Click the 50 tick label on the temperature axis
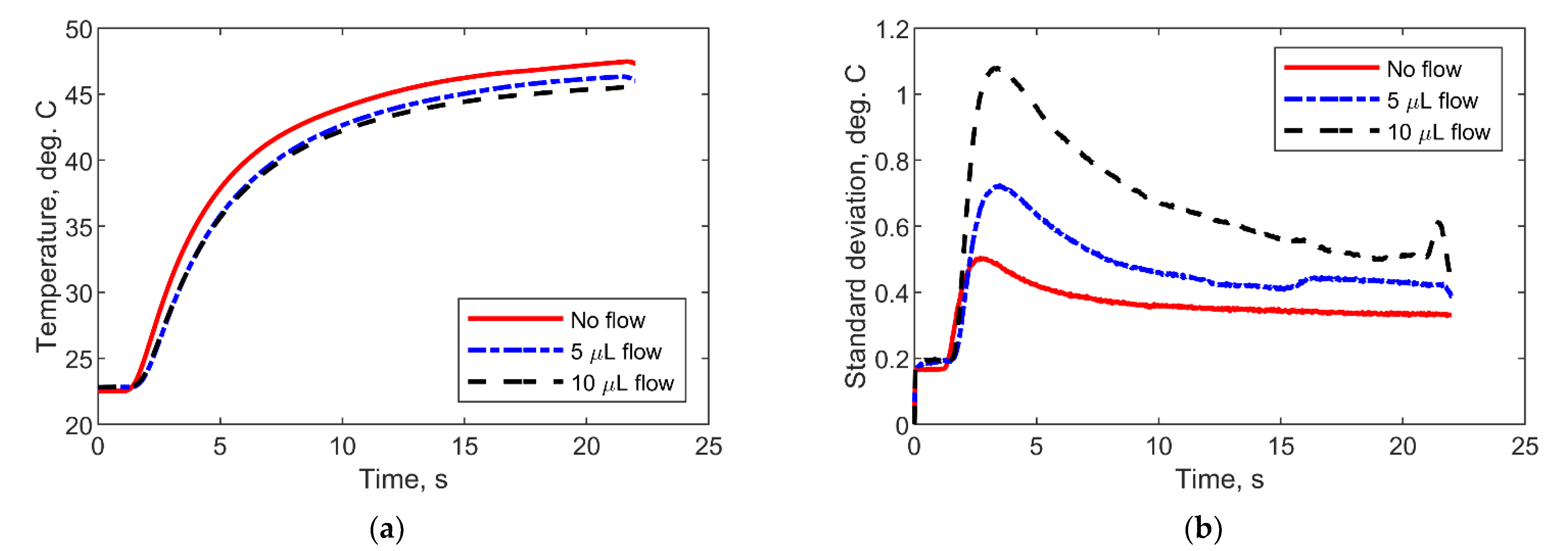[x=79, y=30]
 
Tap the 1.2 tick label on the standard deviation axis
[x=892, y=30]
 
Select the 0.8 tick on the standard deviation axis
[x=892, y=161]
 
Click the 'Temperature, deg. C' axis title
[x=47, y=226]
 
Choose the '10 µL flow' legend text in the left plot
[x=622, y=383]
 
